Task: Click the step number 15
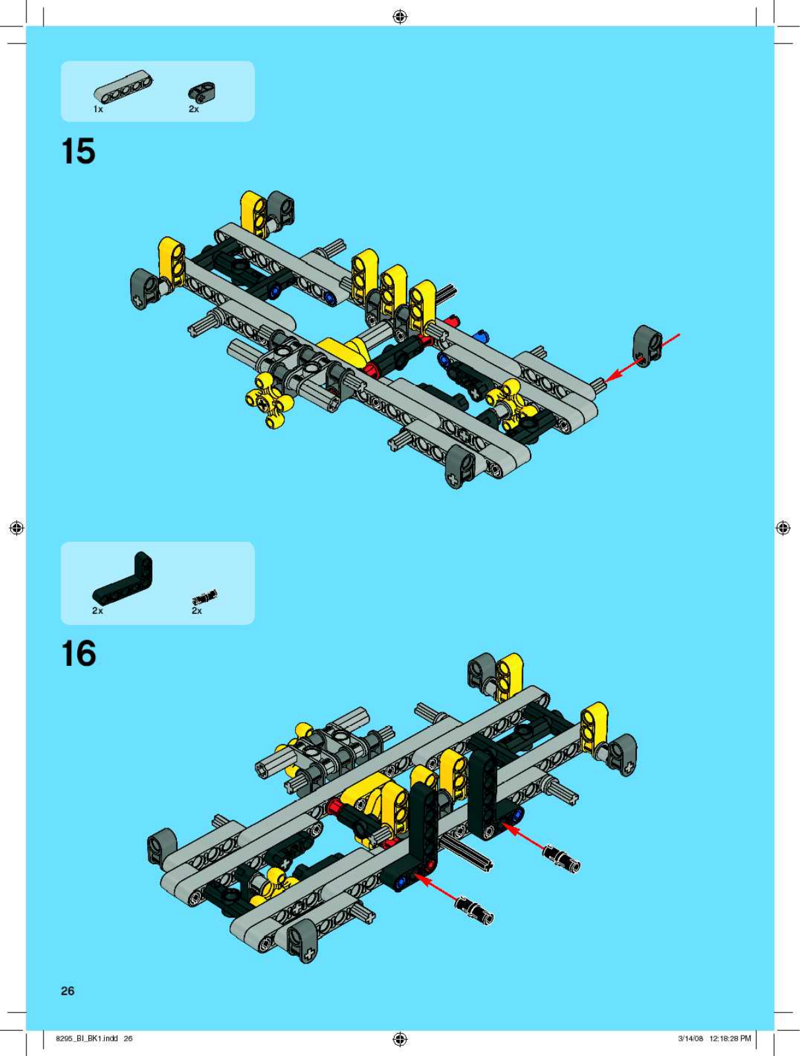click(x=79, y=151)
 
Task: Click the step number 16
click(x=79, y=653)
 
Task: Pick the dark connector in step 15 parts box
click(x=202, y=92)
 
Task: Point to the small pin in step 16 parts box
click(x=205, y=597)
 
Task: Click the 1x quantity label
click(x=98, y=110)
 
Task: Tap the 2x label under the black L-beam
click(x=98, y=610)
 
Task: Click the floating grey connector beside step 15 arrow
click(x=648, y=346)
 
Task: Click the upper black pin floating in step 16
click(x=562, y=859)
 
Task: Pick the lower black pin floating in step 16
click(x=475, y=910)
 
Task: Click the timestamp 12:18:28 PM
click(x=730, y=1039)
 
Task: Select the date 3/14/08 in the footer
click(x=691, y=1039)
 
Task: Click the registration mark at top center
click(x=400, y=17)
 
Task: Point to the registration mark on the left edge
click(x=17, y=528)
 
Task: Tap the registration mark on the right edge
click(x=783, y=528)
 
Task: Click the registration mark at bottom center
click(x=400, y=1039)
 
